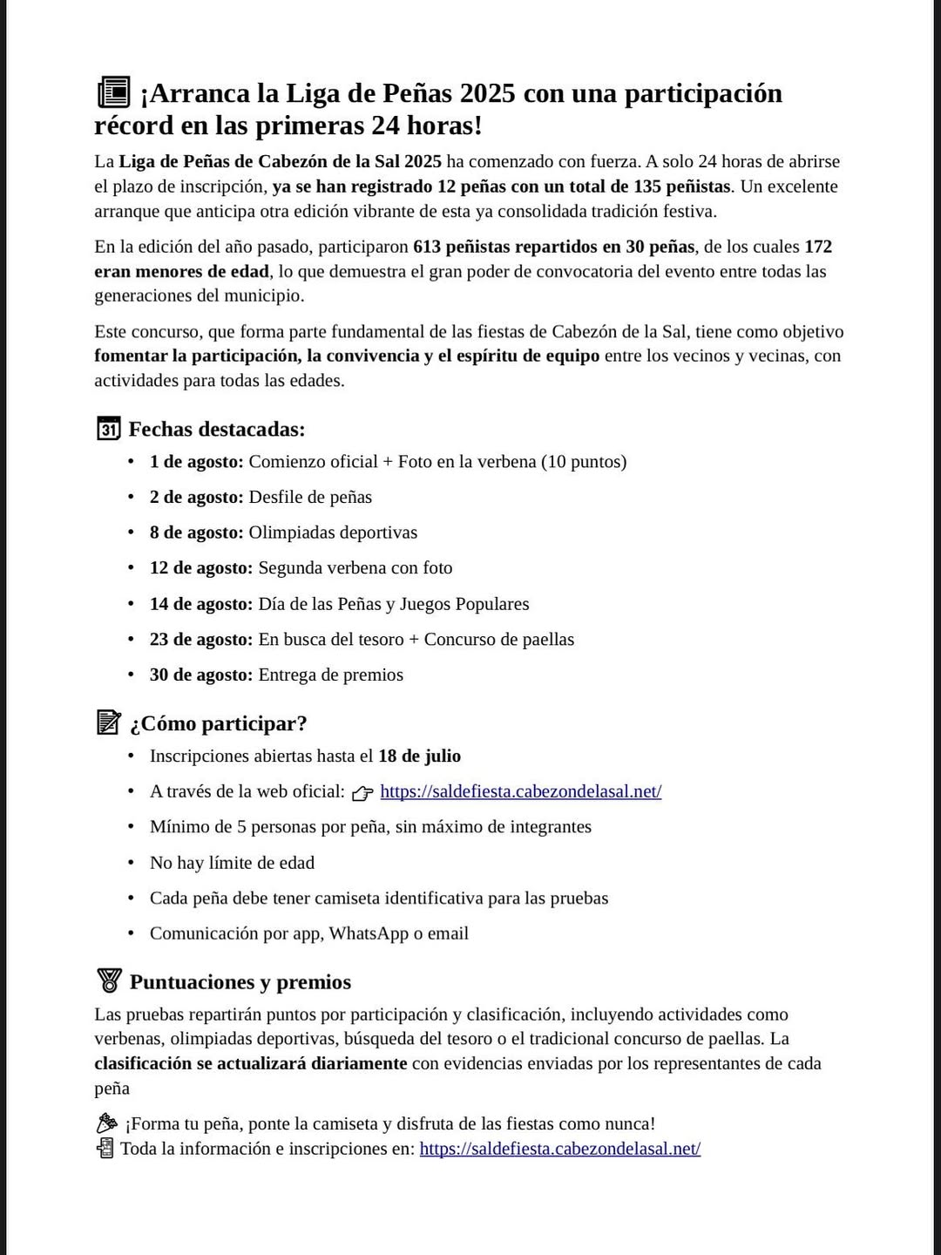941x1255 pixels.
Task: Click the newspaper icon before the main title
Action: point(113,92)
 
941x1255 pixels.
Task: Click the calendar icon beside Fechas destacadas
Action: point(108,429)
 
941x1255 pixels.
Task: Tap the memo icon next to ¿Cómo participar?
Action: point(108,722)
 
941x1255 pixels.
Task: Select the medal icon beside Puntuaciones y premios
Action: point(109,980)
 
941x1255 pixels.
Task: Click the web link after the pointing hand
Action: point(520,791)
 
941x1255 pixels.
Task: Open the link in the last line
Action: point(559,1149)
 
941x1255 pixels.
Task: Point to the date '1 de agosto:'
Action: point(196,462)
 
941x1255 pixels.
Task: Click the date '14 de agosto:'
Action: point(200,604)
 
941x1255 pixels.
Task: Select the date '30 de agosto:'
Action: point(200,675)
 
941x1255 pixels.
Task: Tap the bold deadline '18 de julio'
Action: point(419,756)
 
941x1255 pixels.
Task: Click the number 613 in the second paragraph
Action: point(427,247)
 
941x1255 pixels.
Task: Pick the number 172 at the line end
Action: point(818,247)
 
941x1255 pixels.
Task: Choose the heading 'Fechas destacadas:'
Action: point(217,429)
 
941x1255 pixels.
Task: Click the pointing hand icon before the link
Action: point(362,792)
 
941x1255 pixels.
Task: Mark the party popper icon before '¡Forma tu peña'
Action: point(106,1123)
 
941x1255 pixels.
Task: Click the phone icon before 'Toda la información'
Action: point(105,1149)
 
